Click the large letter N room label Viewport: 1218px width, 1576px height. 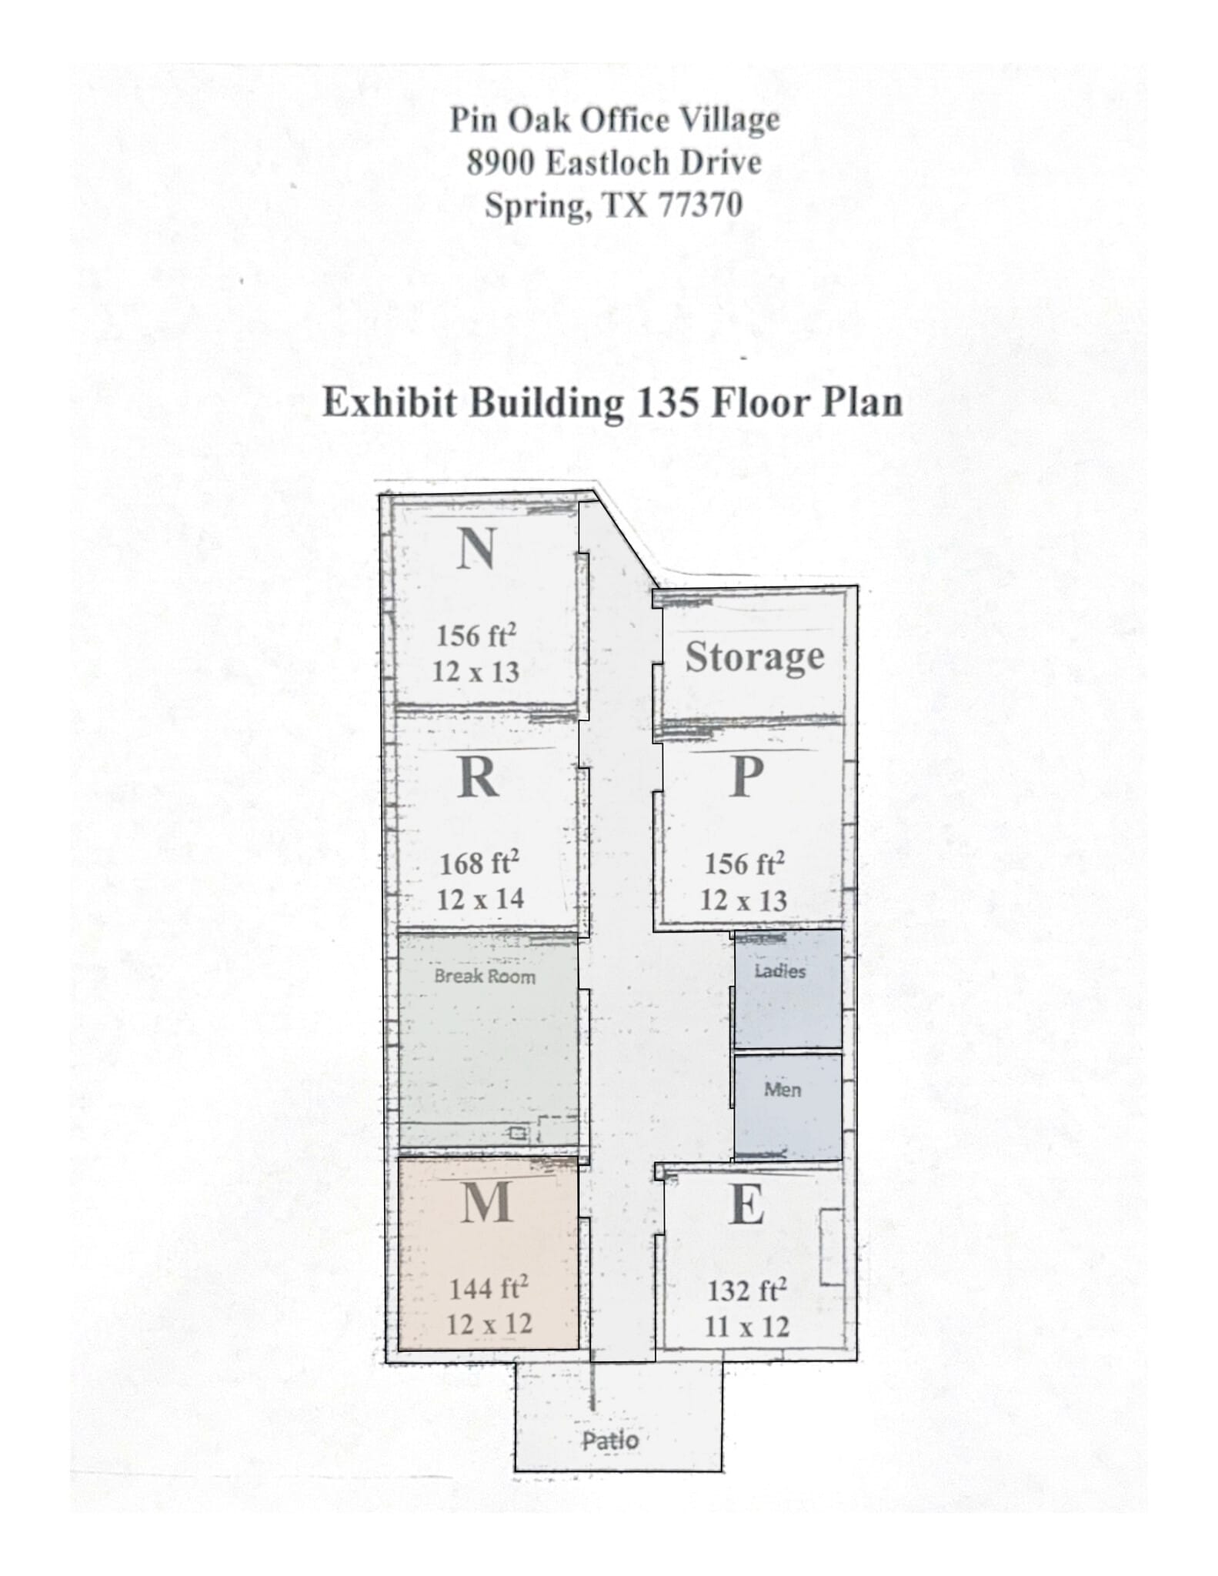pyautogui.click(x=476, y=549)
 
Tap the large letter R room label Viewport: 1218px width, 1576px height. pyautogui.click(x=477, y=778)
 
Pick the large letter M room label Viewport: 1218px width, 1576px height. pyautogui.click(x=487, y=1201)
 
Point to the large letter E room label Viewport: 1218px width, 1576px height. pyautogui.click(x=746, y=1204)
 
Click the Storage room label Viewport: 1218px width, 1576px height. pyautogui.click(x=754, y=656)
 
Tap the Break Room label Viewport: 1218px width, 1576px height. pyautogui.click(x=485, y=977)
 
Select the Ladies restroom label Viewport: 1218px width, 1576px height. pyautogui.click(x=780, y=971)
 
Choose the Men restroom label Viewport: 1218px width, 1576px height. pyautogui.click(x=783, y=1090)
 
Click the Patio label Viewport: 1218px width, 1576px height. pyautogui.click(x=610, y=1441)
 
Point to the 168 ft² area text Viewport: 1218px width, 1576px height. pyautogui.click(x=479, y=863)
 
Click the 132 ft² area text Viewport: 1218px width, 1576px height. pyautogui.click(x=746, y=1291)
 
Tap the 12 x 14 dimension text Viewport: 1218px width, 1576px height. pyautogui.click(x=480, y=899)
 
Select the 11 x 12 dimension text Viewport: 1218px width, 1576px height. pyautogui.click(x=746, y=1327)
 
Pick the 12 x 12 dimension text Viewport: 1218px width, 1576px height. pyautogui.click(x=489, y=1324)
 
